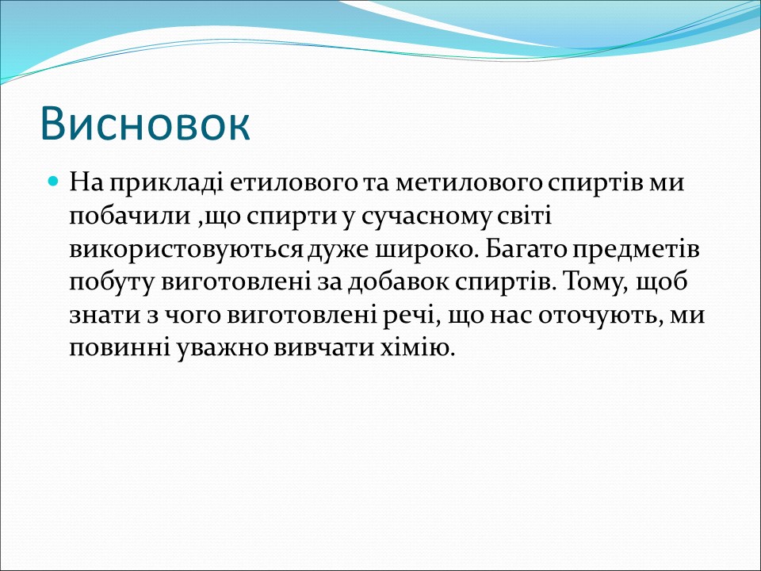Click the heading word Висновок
coord(145,123)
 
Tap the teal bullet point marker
coord(54,182)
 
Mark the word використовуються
coord(186,250)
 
